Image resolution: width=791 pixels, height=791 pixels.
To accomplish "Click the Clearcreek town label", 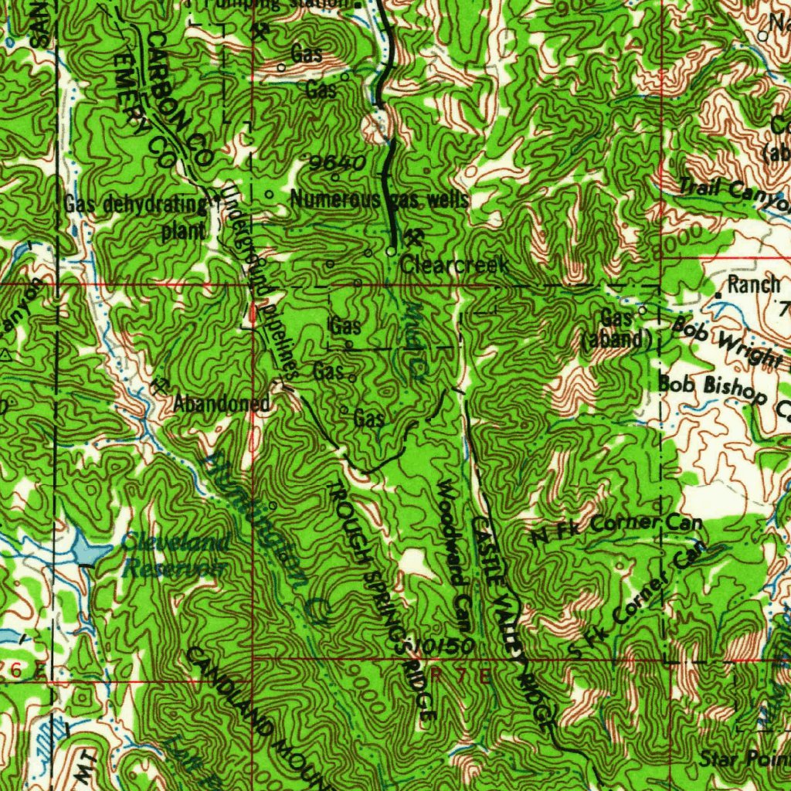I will coord(454,266).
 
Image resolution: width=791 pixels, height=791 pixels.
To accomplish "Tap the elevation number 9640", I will coord(336,163).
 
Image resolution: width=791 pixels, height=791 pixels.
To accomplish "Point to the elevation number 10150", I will coord(438,643).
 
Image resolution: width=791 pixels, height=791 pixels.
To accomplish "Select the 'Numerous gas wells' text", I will coord(379,199).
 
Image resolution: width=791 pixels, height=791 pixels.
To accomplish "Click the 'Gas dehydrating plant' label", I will coord(135,217).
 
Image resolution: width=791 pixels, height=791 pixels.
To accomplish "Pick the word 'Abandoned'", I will coord(221,403).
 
